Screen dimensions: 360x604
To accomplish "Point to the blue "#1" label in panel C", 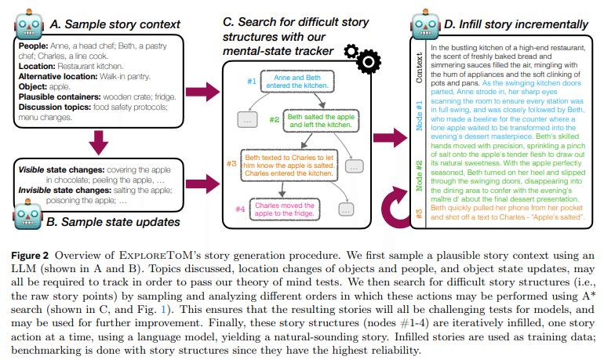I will point(251,80).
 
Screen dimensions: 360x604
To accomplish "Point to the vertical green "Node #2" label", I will point(419,174).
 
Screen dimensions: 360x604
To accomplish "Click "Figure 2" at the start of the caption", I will point(38,257).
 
